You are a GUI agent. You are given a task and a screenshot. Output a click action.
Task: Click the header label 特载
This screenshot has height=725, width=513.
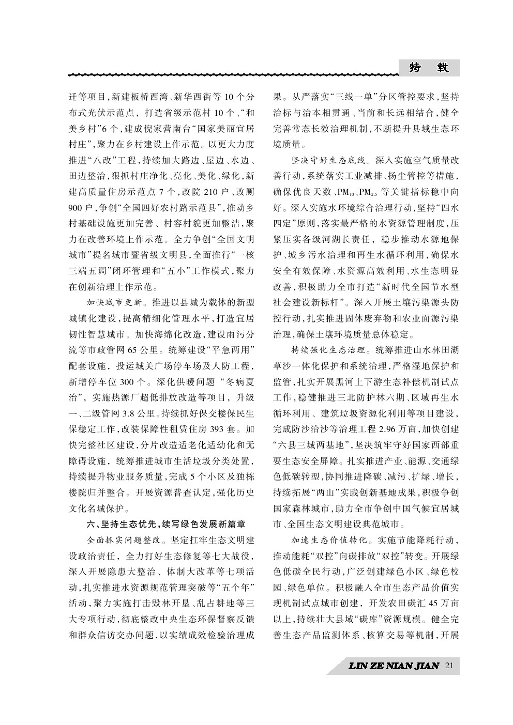(x=429, y=68)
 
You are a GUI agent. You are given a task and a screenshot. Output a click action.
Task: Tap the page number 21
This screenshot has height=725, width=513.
(x=449, y=666)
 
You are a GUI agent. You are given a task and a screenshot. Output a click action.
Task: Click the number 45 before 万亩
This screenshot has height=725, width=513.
(x=435, y=603)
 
